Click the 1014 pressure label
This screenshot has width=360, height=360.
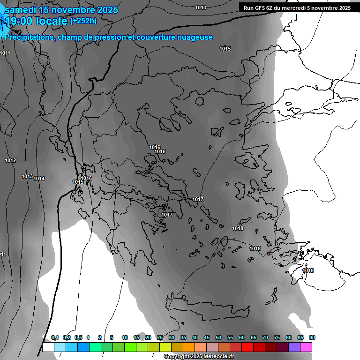click(x=39, y=179)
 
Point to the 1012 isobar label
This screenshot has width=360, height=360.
click(x=10, y=161)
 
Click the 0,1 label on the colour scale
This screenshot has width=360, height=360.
click(x=55, y=338)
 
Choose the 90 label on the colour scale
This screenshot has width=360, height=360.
click(x=312, y=338)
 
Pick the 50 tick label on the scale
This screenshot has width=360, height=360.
click(x=218, y=338)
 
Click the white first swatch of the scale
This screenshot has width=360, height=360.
click(x=48, y=347)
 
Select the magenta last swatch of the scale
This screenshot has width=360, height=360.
click(x=306, y=347)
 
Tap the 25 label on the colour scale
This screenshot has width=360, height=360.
click(x=160, y=338)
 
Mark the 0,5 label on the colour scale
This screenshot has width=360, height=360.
click(x=78, y=338)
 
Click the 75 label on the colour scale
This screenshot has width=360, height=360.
click(x=277, y=338)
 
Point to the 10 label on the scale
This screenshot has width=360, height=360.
click(x=125, y=338)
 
